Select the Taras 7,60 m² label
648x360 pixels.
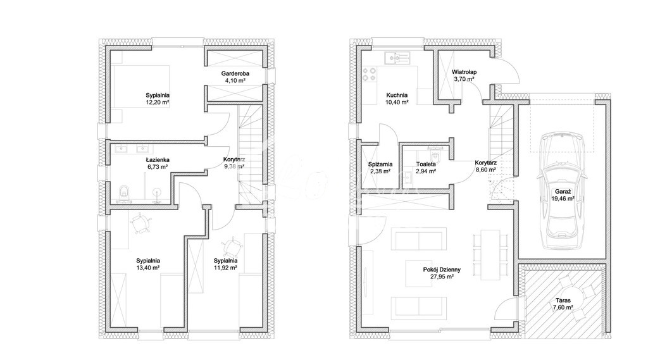pos(561,304)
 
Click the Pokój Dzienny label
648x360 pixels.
pos(442,270)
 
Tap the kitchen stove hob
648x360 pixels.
pos(368,77)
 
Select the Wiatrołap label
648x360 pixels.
pos(464,73)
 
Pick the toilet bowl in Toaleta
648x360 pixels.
pos(435,155)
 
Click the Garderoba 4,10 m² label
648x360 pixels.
pos(235,74)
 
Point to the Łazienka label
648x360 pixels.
pos(157,159)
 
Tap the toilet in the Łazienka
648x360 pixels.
pos(124,191)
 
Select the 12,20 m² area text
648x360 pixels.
pos(156,102)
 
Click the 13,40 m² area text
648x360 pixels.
pos(148,268)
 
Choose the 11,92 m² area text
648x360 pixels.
pos(225,268)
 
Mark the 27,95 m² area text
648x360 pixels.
pos(442,277)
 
